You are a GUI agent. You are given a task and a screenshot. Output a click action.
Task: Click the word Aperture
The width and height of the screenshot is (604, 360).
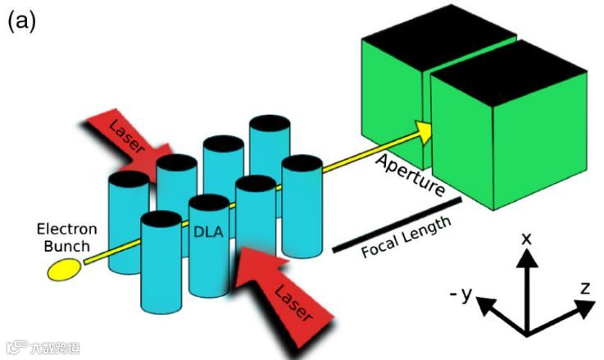409,175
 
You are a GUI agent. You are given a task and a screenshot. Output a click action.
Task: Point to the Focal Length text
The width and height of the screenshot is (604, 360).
407,237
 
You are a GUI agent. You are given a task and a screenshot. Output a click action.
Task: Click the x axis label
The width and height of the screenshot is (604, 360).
527,238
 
